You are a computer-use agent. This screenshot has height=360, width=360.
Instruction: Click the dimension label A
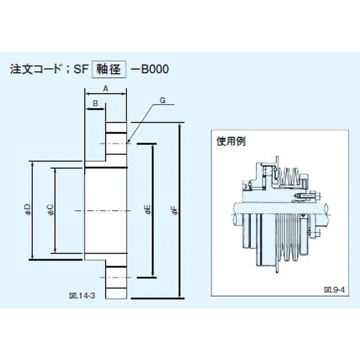tap(106, 89)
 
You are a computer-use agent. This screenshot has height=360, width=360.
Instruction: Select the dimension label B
tap(95, 103)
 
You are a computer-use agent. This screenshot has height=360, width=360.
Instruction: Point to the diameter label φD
tap(27, 207)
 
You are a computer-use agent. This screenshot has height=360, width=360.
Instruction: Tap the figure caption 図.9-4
tap(333, 290)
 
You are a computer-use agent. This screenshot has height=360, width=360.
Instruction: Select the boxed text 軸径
tap(108, 70)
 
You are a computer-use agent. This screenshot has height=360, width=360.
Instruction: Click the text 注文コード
tap(38, 70)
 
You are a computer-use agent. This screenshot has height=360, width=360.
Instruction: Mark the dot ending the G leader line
tap(130, 142)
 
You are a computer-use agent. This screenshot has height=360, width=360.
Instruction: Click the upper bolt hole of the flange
tap(116, 144)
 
